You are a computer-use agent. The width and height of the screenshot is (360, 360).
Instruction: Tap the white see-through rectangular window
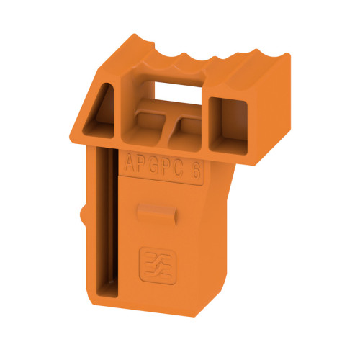176,90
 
